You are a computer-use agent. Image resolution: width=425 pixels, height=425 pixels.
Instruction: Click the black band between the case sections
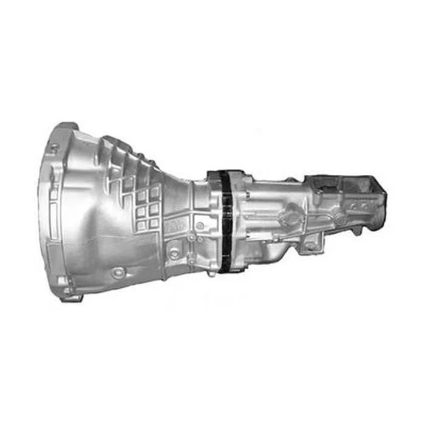226,222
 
